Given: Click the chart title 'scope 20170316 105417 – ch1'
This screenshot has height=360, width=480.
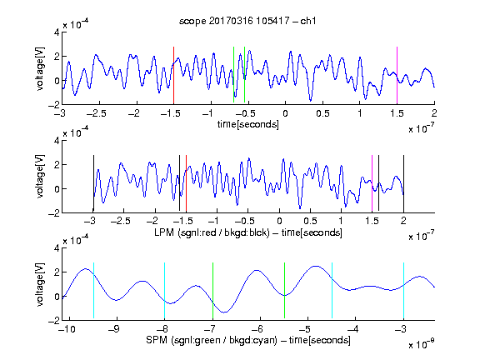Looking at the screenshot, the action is (247, 21).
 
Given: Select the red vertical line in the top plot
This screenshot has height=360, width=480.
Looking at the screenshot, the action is (173, 76).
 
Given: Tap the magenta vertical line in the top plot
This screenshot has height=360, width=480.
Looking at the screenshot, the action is (397, 76).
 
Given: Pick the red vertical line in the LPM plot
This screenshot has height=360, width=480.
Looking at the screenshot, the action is (186, 183).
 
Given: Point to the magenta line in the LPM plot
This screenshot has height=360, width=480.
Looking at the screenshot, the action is (372, 183).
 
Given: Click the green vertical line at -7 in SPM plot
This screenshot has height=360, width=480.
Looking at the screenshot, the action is (212, 291).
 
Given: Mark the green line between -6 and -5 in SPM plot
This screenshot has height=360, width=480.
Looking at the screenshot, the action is (284, 291).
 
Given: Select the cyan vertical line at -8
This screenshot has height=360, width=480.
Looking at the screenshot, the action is (165, 291).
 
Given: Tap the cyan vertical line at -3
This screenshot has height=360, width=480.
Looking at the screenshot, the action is (403, 291).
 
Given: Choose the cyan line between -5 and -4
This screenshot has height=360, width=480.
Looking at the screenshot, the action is (332, 291).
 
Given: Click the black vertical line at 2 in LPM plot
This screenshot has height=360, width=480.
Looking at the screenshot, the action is (403, 183).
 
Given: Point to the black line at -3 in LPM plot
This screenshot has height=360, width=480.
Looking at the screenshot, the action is (93, 183).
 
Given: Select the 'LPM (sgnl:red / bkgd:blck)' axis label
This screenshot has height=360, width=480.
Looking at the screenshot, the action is (212, 232).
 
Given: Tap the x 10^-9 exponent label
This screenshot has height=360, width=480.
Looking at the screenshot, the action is (421, 344).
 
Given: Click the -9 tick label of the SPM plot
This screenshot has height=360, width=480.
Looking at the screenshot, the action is (114, 329).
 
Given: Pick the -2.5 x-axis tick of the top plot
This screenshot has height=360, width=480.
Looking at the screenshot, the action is (96, 113).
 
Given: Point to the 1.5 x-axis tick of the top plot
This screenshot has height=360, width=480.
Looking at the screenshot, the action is (397, 113).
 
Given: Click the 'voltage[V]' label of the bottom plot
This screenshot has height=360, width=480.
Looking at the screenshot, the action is (40, 284).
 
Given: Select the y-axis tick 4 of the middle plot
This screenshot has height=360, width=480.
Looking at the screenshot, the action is (57, 141).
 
